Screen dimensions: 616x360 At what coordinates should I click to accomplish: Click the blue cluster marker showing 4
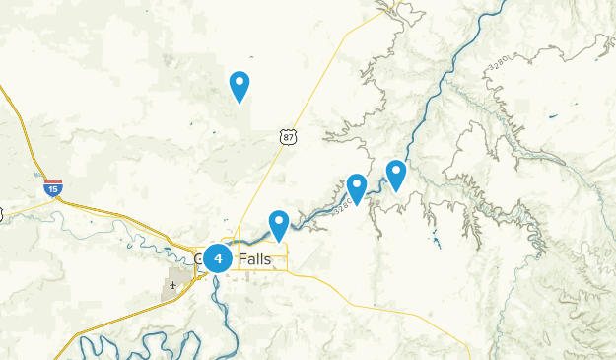click(x=218, y=258)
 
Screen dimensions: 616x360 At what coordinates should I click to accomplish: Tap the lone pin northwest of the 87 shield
click(x=239, y=86)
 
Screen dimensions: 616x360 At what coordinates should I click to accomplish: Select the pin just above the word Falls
click(x=279, y=224)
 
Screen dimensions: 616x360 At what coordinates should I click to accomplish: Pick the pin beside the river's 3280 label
click(x=357, y=186)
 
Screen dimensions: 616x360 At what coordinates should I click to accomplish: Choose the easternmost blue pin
click(x=396, y=175)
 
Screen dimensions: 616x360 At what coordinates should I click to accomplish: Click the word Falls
click(x=253, y=258)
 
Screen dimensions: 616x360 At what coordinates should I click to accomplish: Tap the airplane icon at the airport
click(x=173, y=286)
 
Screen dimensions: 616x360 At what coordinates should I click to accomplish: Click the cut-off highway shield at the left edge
click(x=2, y=213)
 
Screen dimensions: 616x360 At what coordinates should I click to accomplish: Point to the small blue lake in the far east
click(x=553, y=117)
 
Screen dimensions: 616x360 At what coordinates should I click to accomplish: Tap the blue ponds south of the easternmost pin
click(x=435, y=239)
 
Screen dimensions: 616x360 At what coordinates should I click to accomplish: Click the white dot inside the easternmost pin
click(x=396, y=170)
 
